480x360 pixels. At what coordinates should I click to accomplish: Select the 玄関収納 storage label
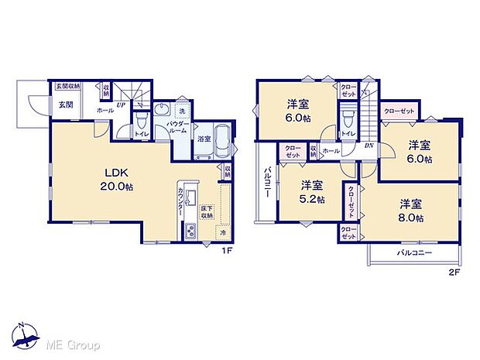click(x=68, y=87)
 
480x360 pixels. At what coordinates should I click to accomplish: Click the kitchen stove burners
click(x=191, y=231)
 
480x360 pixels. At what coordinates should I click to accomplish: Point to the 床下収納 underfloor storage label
click(x=207, y=213)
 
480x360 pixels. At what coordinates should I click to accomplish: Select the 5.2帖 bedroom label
click(x=312, y=191)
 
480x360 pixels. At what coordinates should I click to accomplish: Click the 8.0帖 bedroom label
click(x=411, y=211)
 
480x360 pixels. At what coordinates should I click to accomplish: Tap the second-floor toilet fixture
click(x=348, y=120)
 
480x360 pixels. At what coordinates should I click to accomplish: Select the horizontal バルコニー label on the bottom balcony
click(x=414, y=253)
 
